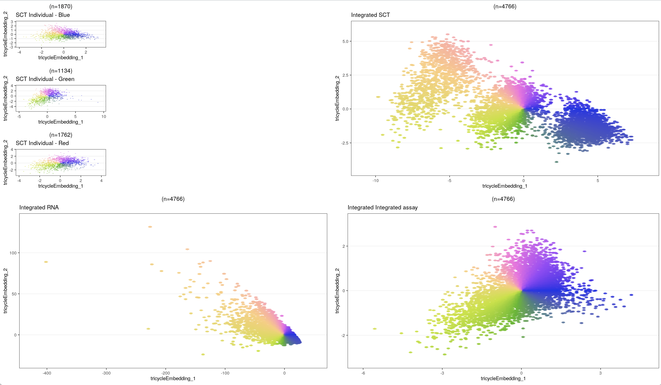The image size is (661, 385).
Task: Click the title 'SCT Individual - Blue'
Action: [x=43, y=15]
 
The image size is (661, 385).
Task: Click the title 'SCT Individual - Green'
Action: [x=45, y=79]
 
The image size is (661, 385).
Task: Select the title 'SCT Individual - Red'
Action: [x=42, y=143]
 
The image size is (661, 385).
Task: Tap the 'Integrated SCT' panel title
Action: [x=370, y=15]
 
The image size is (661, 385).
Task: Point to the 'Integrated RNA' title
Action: [x=39, y=208]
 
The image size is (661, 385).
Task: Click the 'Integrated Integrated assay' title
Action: [x=383, y=208]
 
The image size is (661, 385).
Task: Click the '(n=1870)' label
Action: [x=61, y=6]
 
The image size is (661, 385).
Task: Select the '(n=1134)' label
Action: [x=61, y=71]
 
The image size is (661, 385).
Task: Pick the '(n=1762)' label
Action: [x=61, y=135]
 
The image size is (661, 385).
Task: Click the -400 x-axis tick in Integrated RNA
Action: [x=47, y=373]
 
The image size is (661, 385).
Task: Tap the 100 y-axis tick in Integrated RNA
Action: [x=13, y=253]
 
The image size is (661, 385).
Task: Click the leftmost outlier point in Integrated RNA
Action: [x=46, y=262]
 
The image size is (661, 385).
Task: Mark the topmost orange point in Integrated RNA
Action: [x=150, y=227]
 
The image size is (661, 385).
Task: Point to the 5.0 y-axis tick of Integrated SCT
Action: [x=345, y=41]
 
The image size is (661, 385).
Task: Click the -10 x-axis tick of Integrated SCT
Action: [x=376, y=181]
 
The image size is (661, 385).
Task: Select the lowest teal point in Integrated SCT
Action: [x=556, y=162]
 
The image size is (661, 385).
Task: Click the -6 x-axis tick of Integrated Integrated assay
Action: [x=363, y=373]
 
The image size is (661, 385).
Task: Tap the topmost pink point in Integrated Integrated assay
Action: [x=495, y=227]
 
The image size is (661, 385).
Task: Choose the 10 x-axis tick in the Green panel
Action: [x=104, y=117]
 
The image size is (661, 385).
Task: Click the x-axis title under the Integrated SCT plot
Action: [x=505, y=186]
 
